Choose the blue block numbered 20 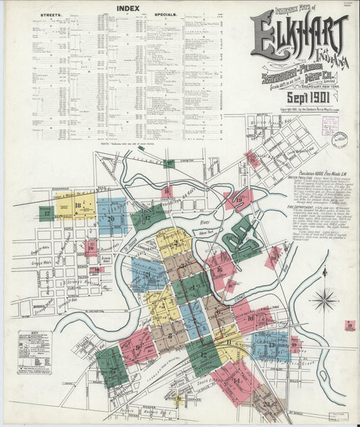pyautogui.click(x=111, y=218)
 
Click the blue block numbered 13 pyautogui.click(x=271, y=345)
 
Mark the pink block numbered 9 pyautogui.click(x=138, y=346)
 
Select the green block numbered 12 pyautogui.click(x=203, y=354)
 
